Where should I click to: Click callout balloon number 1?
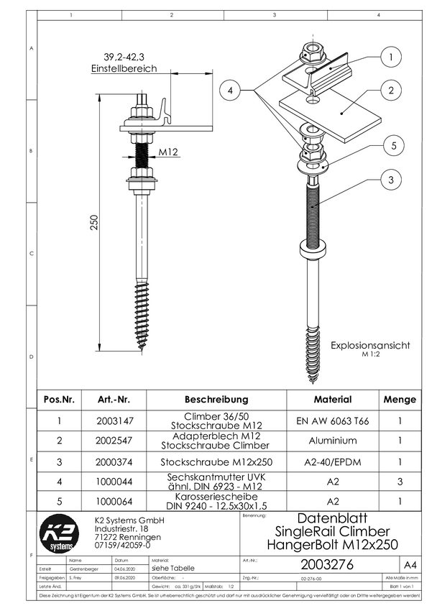390,57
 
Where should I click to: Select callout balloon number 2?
390,91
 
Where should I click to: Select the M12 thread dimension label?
167,152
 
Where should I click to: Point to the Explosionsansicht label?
370,346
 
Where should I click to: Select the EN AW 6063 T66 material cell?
332,421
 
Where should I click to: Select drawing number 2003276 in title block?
327,565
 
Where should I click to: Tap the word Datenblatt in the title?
331,518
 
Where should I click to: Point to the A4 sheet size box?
410,565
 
